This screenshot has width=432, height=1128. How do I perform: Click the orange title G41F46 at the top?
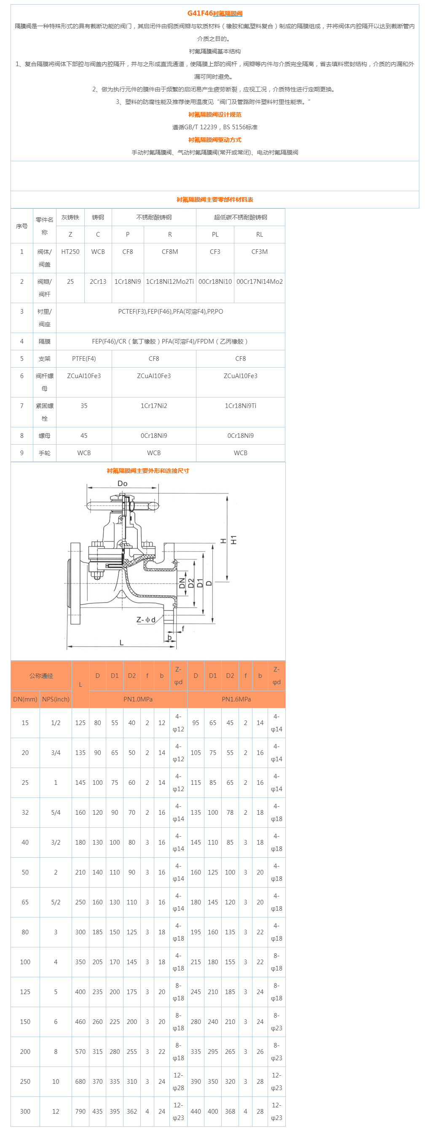200,13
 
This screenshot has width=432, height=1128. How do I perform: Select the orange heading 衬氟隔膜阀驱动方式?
215,140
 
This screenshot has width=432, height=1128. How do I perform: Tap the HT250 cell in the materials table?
70,252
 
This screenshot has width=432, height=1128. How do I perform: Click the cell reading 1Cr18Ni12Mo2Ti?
170,282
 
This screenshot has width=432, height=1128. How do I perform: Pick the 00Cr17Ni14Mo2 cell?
260,282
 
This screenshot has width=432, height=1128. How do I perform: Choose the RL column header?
260,235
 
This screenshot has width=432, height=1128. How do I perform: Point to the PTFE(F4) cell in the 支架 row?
84,359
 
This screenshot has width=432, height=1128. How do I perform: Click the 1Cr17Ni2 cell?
154,406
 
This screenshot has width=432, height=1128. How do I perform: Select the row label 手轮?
45,453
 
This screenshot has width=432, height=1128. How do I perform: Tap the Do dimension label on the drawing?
122,483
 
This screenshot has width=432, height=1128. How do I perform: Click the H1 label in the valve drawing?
233,540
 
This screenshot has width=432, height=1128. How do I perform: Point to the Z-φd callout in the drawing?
146,620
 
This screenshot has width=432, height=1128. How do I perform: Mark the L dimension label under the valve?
121,643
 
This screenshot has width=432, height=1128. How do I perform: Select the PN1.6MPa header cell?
236,699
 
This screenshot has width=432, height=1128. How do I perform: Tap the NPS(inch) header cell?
56,699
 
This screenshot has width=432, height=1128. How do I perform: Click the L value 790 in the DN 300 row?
80,1111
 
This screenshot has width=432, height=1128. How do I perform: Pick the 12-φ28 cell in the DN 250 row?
178,1082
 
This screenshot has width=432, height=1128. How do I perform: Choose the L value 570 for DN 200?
80,1052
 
